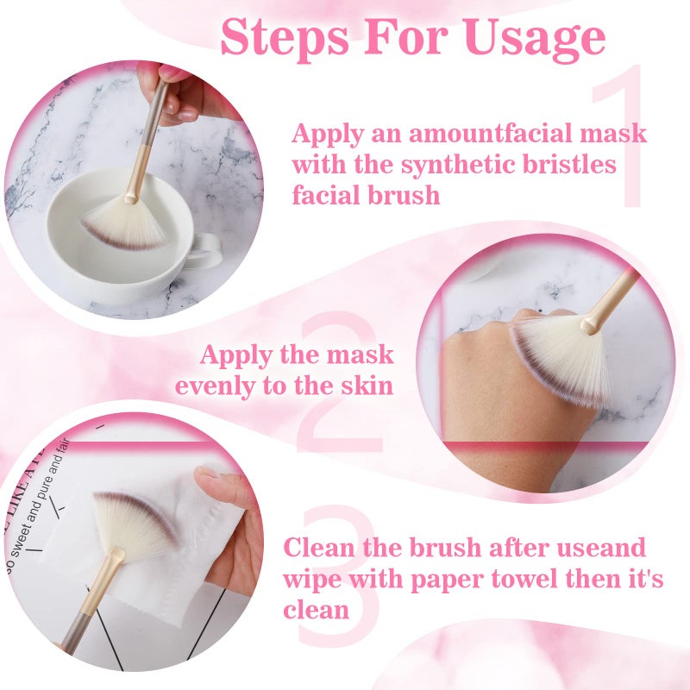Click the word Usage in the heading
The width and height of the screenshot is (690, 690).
tap(534, 38)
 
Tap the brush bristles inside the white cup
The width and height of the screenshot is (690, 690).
tap(126, 223)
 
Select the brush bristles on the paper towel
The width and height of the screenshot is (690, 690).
tap(134, 523)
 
